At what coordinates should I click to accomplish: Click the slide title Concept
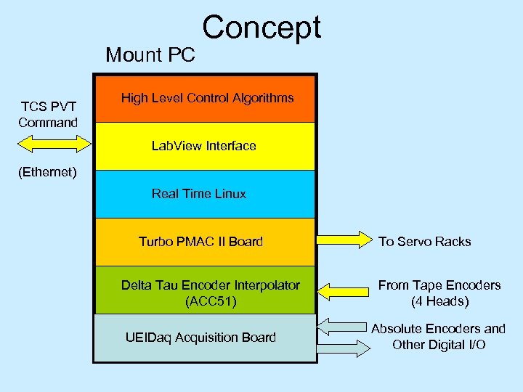tap(261, 28)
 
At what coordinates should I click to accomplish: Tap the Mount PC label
tap(150, 54)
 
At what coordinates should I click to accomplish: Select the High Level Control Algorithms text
tap(207, 97)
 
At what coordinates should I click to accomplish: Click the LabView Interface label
tap(203, 146)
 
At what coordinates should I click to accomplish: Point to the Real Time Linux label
tap(198, 194)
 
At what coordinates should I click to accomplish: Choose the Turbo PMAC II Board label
tap(200, 242)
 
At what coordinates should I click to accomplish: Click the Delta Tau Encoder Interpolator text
tap(210, 285)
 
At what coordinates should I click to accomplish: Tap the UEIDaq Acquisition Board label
tap(200, 337)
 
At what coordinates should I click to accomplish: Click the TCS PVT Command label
tap(48, 115)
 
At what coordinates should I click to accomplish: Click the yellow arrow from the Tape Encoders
tap(344, 291)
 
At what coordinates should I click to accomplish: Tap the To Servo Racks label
tap(424, 242)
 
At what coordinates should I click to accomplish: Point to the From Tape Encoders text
tap(439, 285)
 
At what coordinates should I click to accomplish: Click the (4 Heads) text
tap(439, 301)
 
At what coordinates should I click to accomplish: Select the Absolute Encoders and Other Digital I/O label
tap(439, 337)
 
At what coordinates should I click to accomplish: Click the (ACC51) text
tap(211, 301)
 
